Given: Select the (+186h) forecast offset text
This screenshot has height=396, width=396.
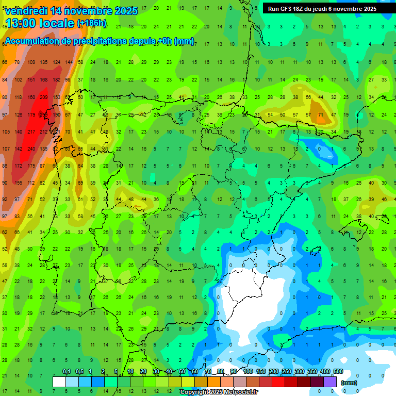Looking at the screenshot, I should point(92,23).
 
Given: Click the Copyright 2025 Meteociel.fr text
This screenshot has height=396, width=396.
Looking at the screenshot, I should point(219,392).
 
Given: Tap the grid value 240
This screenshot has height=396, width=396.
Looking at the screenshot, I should point(31,149).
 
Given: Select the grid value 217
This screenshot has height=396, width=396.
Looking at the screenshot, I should point(31,131).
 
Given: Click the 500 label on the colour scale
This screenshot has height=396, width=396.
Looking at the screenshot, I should point(338,372).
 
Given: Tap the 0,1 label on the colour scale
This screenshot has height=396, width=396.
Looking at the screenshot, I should point(67,372).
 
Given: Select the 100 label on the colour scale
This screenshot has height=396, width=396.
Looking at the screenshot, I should point(248,372).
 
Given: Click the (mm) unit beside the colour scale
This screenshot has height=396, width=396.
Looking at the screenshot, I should point(349,383).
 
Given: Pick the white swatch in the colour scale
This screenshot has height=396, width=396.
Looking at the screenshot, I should point(59,382).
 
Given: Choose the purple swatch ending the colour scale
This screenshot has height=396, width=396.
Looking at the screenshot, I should point(331,382).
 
